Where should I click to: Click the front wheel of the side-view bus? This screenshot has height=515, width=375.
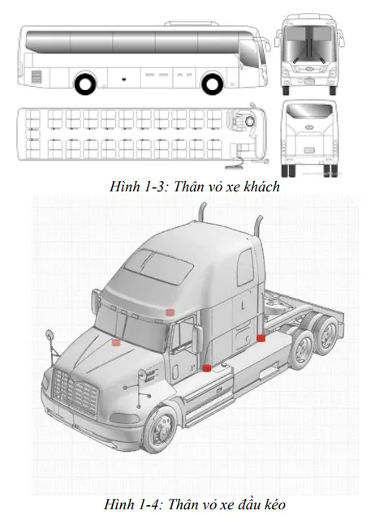click(213, 83)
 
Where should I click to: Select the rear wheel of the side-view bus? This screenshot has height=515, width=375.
click(84, 83)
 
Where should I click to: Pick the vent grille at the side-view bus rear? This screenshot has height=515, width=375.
click(35, 76)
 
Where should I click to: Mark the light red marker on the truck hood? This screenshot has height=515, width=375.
click(116, 342)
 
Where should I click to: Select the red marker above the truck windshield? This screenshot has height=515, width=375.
click(170, 311)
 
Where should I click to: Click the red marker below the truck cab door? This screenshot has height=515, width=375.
click(207, 368)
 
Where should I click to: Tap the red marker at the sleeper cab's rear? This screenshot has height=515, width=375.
click(261, 337)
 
